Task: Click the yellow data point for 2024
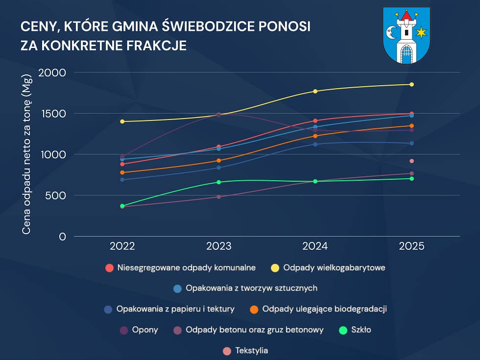pyautogui.click(x=315, y=91)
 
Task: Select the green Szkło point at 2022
pyautogui.click(x=122, y=206)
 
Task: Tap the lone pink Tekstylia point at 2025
pyautogui.click(x=411, y=161)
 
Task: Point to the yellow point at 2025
pyautogui.click(x=411, y=84)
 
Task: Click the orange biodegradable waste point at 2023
pyautogui.click(x=219, y=160)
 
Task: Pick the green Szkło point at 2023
pyautogui.click(x=219, y=182)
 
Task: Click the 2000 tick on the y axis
pyautogui.click(x=55, y=72)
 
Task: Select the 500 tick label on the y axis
pyautogui.click(x=59, y=195)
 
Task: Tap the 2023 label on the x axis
pyautogui.click(x=219, y=246)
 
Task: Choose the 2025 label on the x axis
pyautogui.click(x=411, y=246)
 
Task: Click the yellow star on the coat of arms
pyautogui.click(x=421, y=33)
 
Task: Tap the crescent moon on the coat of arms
pyautogui.click(x=392, y=33)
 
